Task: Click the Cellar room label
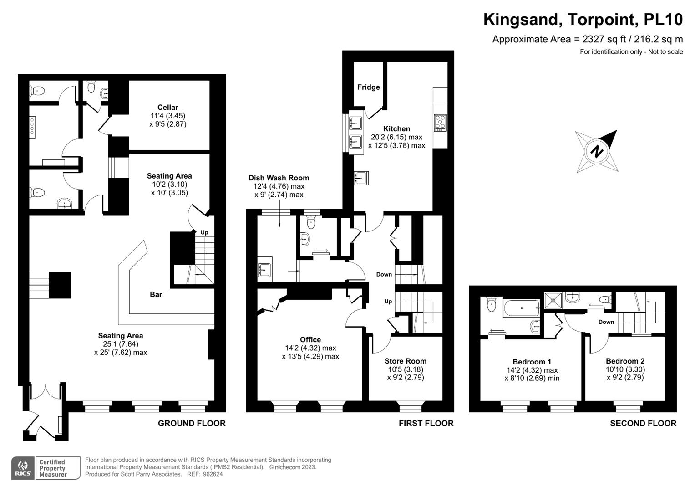click(x=167, y=108)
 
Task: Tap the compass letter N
click(x=597, y=151)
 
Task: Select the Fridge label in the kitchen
click(x=368, y=87)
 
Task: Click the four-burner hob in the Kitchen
click(x=440, y=123)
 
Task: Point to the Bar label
click(x=156, y=295)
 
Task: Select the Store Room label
click(x=405, y=361)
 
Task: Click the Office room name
click(x=310, y=339)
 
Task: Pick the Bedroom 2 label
click(x=624, y=361)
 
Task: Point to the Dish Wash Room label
click(x=279, y=178)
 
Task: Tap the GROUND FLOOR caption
click(x=192, y=423)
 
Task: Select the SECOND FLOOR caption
click(x=643, y=423)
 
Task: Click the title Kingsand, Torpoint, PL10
click(x=583, y=20)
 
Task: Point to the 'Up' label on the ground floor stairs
click(x=204, y=232)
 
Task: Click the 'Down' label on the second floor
click(x=606, y=322)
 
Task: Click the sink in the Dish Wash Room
click(x=264, y=270)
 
